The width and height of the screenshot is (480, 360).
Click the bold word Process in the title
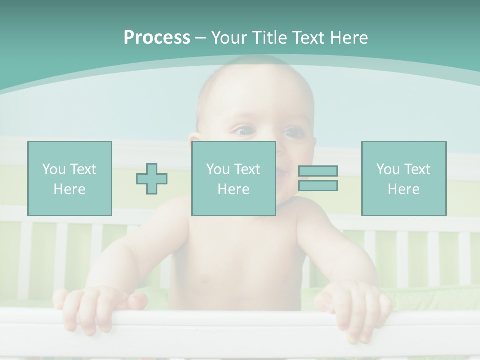pos(157,38)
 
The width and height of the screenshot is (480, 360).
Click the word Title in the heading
pos(270,38)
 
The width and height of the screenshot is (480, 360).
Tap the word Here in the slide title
pos(349,38)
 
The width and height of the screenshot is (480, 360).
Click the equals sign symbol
pos(318,178)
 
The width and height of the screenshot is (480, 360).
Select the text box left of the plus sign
pos(70,178)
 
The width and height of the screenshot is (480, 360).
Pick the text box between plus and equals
pos(233,178)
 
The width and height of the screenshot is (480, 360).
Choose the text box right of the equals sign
pos(403,178)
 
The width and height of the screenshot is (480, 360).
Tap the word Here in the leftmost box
pos(70,189)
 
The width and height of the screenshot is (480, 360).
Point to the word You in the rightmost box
pos(388,169)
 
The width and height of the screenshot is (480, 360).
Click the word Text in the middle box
pos(247,169)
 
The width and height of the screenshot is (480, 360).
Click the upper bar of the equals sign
pos(318,171)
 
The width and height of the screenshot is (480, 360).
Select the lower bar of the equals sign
pos(318,185)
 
